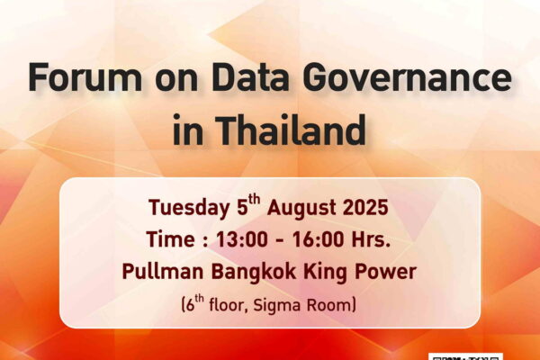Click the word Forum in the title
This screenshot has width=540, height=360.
point(85,77)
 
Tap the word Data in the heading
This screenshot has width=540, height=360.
point(249,77)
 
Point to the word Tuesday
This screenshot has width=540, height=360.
point(189,208)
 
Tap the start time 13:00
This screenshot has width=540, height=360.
point(242,239)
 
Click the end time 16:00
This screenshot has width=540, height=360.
point(319,239)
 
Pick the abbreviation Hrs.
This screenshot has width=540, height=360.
point(371,239)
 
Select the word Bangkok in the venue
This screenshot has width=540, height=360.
point(254,272)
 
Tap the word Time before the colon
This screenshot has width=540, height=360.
point(170,239)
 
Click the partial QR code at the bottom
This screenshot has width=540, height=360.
point(466,356)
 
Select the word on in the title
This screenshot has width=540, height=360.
point(176,81)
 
